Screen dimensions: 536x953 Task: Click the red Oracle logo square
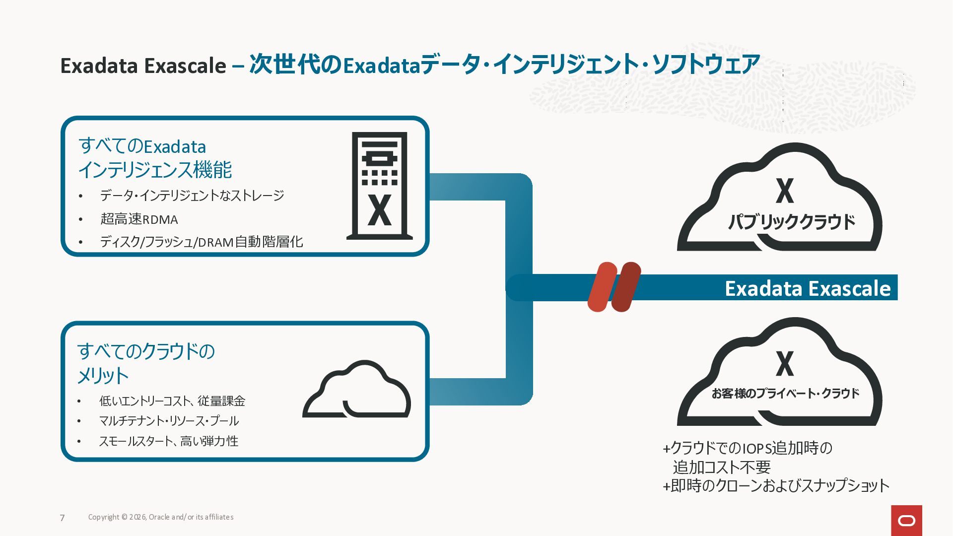point(906,520)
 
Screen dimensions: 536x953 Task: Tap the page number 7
point(62,518)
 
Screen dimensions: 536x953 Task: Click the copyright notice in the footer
point(160,517)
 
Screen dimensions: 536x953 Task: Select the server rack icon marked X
point(379,186)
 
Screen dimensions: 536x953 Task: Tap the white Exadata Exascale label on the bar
point(808,288)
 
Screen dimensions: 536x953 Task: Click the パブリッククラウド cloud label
point(791,221)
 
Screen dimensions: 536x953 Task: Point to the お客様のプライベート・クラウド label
point(785,394)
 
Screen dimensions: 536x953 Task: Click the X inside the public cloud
point(785,191)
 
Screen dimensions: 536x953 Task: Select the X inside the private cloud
point(785,364)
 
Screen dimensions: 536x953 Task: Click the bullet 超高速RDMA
point(139,219)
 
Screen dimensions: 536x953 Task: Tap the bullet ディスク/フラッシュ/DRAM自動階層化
point(201,242)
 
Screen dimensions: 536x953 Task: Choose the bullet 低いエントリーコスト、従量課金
point(172,401)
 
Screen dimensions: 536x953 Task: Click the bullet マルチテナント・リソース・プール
point(169,421)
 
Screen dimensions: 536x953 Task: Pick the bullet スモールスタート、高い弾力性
point(168,441)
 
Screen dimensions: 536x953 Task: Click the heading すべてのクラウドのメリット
point(146,363)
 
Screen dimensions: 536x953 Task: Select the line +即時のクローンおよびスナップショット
point(776,485)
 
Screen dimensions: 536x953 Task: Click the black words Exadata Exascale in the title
point(143,66)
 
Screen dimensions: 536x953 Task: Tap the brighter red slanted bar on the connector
point(601,287)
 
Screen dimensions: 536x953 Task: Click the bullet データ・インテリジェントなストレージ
point(192,196)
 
